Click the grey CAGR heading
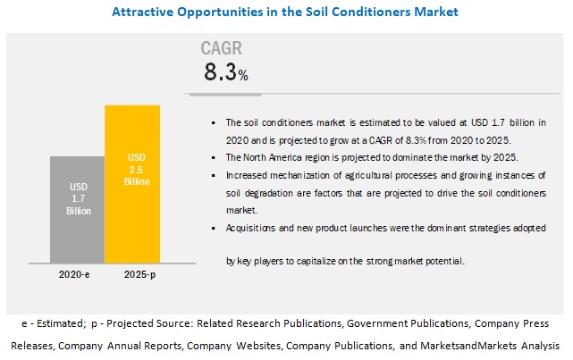coord(223,48)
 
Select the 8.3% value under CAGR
coord(226,73)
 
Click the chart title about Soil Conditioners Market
coord(285,13)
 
